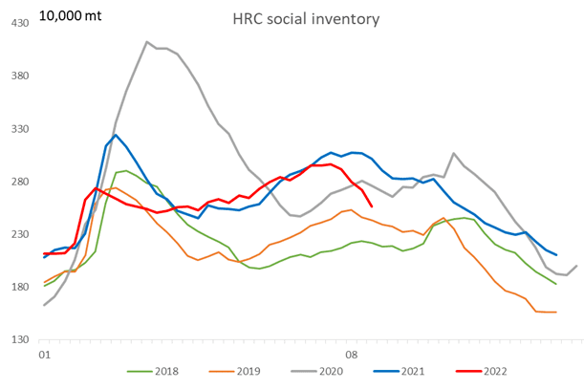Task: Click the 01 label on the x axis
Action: pyautogui.click(x=44, y=354)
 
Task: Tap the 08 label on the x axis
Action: pyautogui.click(x=351, y=354)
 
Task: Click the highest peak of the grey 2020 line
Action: pyautogui.click(x=146, y=42)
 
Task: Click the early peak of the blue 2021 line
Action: pyautogui.click(x=116, y=135)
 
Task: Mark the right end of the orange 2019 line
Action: pyautogui.click(x=556, y=312)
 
